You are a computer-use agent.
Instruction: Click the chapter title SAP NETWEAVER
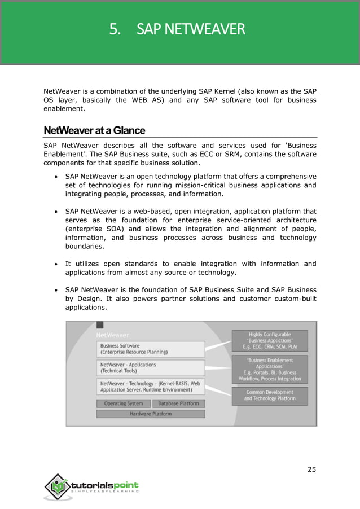click(191, 29)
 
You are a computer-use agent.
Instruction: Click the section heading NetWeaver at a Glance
click(94, 131)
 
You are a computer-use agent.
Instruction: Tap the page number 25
click(312, 469)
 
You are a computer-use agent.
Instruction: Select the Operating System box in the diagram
click(124, 403)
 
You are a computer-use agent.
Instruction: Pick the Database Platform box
click(178, 403)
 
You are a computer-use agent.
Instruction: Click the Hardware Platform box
click(151, 414)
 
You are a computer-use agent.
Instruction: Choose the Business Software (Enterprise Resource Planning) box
click(151, 349)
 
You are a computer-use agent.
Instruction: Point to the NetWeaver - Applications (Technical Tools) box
click(151, 368)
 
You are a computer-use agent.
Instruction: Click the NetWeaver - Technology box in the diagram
click(151, 387)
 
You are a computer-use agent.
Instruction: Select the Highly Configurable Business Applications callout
click(270, 341)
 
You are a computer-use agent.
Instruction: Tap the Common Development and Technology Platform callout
click(270, 395)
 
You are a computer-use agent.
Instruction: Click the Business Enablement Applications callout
click(270, 370)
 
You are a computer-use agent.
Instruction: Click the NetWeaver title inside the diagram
click(112, 335)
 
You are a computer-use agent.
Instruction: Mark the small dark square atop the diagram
click(100, 325)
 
